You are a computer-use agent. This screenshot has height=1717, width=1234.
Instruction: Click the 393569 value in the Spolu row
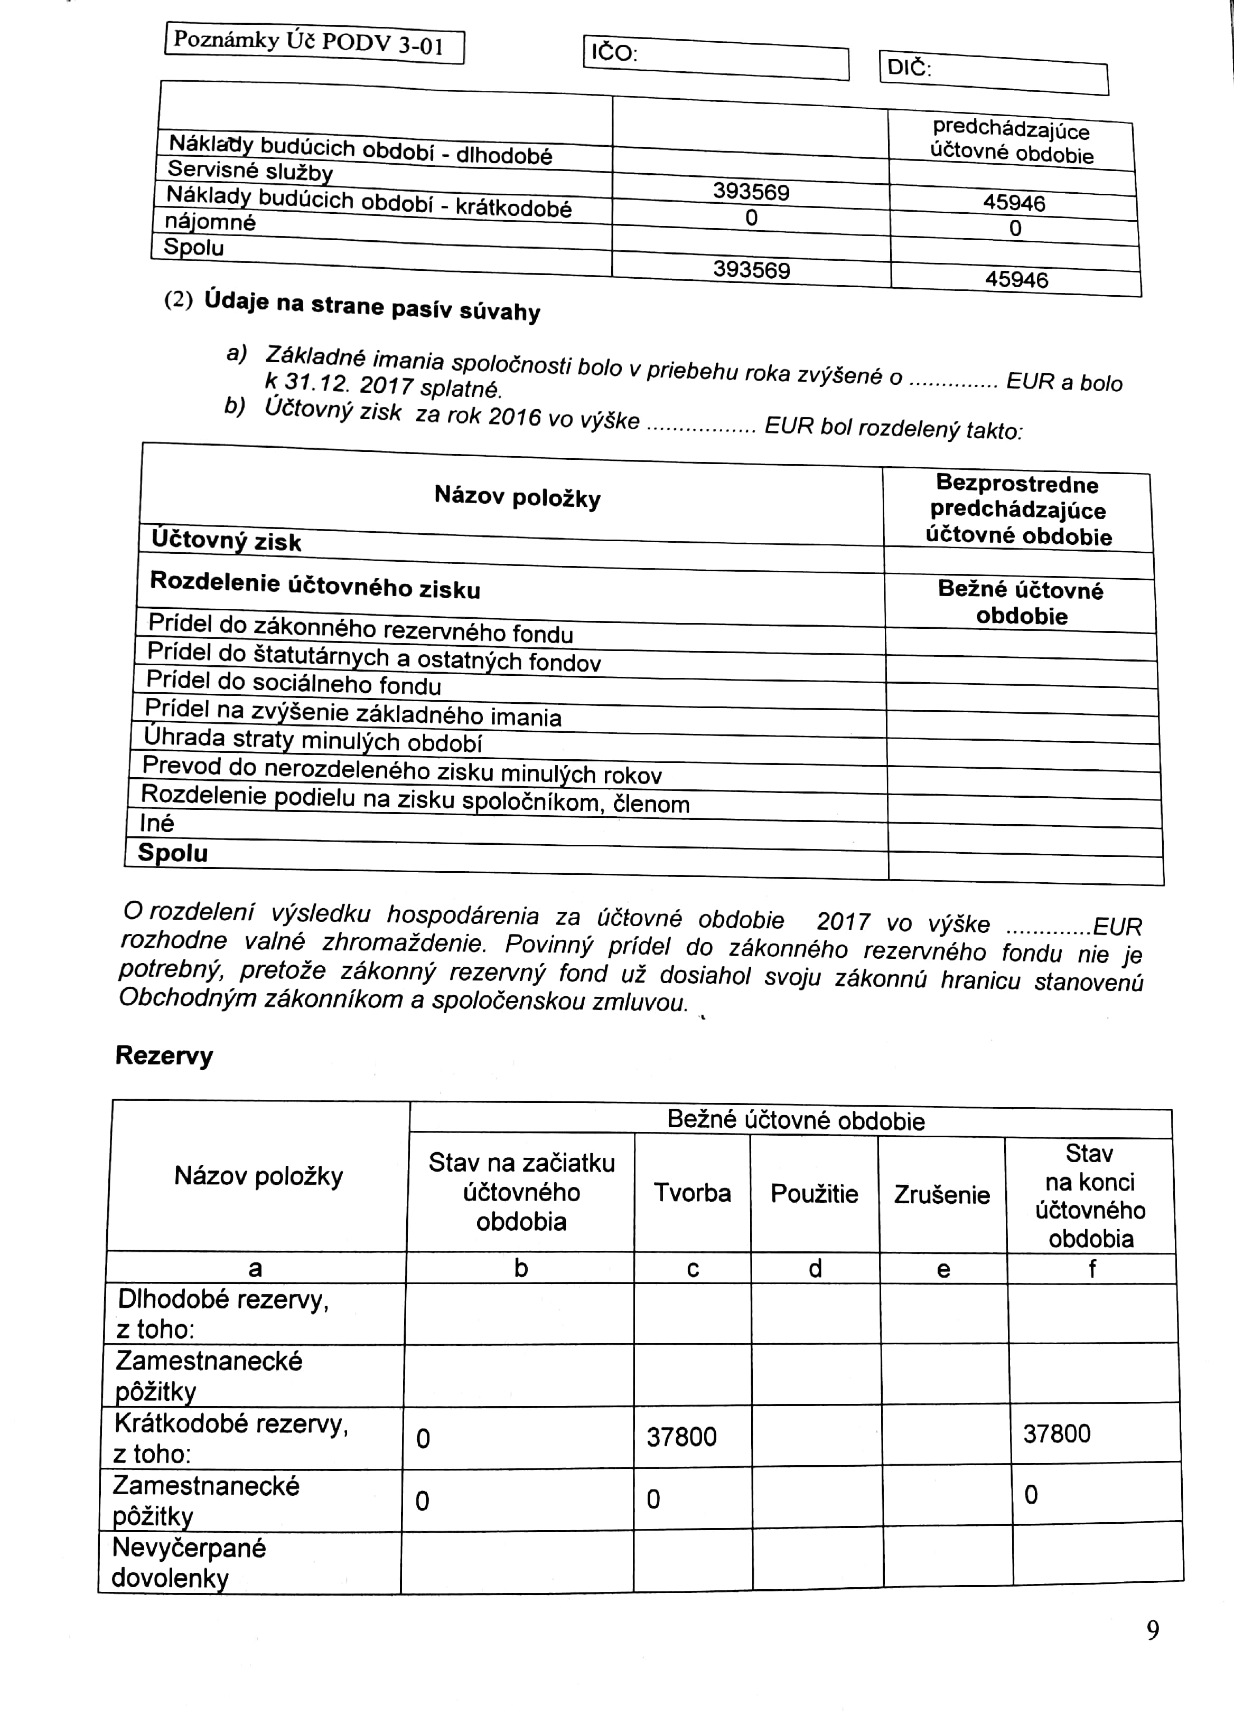click(x=752, y=269)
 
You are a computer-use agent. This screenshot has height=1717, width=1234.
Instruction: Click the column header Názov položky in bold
click(x=517, y=497)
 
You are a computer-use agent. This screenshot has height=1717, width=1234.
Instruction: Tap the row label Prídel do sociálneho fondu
click(x=294, y=682)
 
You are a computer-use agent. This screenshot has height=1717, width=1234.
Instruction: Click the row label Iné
click(x=157, y=823)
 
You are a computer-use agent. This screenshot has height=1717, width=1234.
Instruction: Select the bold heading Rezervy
click(x=164, y=1055)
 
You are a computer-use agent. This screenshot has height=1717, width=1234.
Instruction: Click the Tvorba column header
click(x=693, y=1193)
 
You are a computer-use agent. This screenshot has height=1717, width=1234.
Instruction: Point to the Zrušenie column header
click(x=941, y=1195)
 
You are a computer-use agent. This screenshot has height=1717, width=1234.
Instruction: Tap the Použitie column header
click(x=815, y=1194)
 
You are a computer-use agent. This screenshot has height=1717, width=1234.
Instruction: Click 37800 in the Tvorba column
click(x=681, y=1437)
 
